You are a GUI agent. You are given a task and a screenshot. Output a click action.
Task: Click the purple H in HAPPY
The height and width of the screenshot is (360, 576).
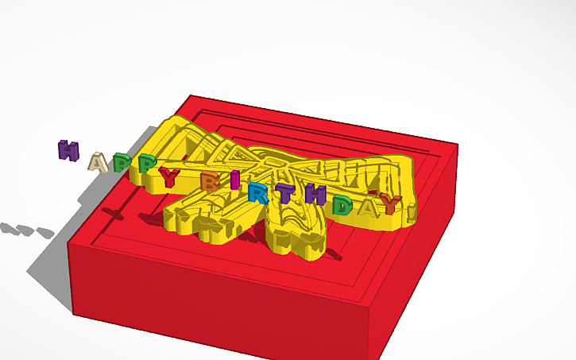tap(68, 150)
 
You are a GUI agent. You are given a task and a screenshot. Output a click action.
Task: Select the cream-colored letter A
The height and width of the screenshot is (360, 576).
tap(97, 162)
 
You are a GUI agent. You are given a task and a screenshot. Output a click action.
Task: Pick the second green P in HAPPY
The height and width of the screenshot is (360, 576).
tap(146, 165)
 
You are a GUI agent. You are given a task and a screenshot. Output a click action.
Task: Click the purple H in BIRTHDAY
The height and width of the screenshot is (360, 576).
tap(315, 195)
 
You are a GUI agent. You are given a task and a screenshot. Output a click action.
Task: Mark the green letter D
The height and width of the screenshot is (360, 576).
tap(342, 206)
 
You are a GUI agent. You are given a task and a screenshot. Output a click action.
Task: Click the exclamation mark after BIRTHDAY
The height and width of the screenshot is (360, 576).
tap(410, 211)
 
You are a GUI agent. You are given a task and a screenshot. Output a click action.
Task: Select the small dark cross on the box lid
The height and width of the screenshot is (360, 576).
tap(114, 213)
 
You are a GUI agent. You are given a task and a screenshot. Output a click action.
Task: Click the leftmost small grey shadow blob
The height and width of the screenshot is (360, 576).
tap(7, 228)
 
